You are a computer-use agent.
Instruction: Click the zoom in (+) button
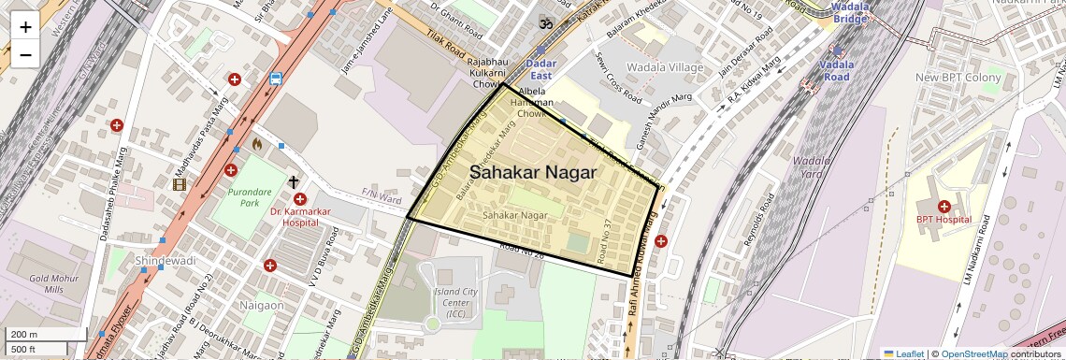[x=25, y=26]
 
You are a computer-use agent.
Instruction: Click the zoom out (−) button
[x=25, y=54]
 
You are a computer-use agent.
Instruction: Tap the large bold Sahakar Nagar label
[x=533, y=172]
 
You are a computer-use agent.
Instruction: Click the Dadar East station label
[x=541, y=69]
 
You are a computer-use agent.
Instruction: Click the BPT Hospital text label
[x=944, y=219]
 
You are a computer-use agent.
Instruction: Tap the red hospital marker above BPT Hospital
[x=944, y=205]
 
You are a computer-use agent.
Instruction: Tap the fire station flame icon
[x=256, y=145]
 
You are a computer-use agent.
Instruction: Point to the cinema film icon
[x=180, y=183]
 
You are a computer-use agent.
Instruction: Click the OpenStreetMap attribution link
[x=973, y=353]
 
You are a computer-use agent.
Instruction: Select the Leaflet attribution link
[x=903, y=353]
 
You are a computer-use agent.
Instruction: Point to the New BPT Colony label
[x=958, y=77]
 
